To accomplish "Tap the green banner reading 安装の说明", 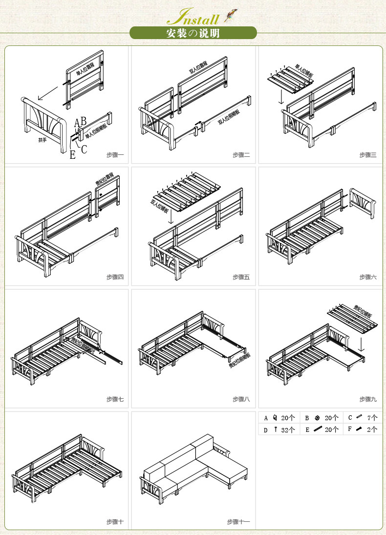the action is pos(193,33).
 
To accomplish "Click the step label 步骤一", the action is pos(115,155).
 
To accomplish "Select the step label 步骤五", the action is pos(241,277).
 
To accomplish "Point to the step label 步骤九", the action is pos(368,399).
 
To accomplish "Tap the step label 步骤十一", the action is pos(238,521).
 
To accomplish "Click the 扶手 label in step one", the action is pos(43,140).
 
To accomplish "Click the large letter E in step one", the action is pos(73,155).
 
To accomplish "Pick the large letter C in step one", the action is pos(84,150).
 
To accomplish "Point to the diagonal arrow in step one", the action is pos(46,91).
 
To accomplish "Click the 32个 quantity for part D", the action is pos(288,430).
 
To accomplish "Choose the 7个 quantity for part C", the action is pos(372,418).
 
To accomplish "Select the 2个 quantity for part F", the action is pos(372,430).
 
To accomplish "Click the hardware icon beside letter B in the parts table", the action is pos(317,418).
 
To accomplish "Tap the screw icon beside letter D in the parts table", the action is pos(276,430).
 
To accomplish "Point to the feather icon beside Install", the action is pos(228,18).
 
